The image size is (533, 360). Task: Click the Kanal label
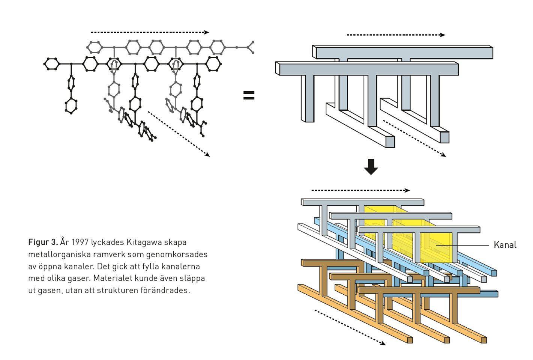pos(505,245)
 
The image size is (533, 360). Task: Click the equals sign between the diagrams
pos(249,95)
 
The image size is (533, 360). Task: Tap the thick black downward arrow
pos(371,167)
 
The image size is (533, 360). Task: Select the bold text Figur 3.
pos(43,242)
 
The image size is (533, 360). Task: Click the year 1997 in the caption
pos(80,242)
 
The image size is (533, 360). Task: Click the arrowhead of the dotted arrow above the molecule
pos(207,32)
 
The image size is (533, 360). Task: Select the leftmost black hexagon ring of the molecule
pos(52,64)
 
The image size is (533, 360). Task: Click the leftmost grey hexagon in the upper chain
pos(95,47)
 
